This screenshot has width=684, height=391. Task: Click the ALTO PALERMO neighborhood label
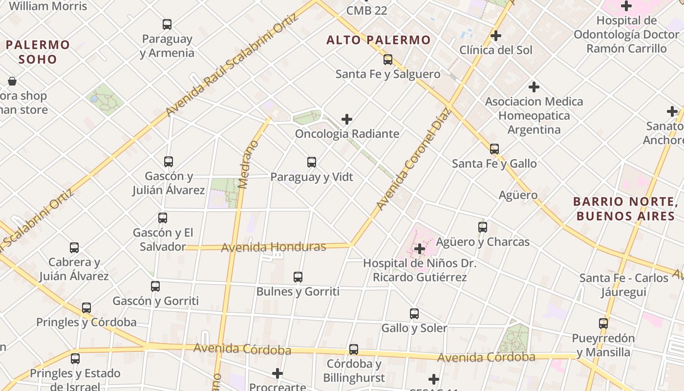tap(379, 40)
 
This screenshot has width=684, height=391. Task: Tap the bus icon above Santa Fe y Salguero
tap(388, 60)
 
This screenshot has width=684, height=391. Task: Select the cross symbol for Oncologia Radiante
tap(347, 119)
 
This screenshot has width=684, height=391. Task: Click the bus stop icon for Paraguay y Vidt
tap(312, 162)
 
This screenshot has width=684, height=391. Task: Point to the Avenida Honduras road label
tap(274, 247)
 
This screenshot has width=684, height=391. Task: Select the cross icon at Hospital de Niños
tap(419, 249)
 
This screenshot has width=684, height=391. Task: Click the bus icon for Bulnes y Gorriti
tap(298, 277)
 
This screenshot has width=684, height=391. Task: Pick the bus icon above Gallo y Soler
tap(414, 314)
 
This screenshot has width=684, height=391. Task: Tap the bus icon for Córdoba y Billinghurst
tap(354, 349)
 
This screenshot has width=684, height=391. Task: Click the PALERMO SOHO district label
tap(38, 52)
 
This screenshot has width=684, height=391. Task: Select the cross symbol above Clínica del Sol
tap(496, 36)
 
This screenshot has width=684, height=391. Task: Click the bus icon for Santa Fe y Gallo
tap(494, 149)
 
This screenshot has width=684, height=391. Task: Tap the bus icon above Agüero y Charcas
tap(483, 227)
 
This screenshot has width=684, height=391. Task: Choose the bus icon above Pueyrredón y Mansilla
tap(603, 324)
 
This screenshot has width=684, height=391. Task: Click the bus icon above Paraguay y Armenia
tap(167, 24)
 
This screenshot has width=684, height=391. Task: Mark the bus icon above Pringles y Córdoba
tap(86, 308)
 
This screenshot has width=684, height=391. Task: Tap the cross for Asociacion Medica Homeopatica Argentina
tap(534, 87)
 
